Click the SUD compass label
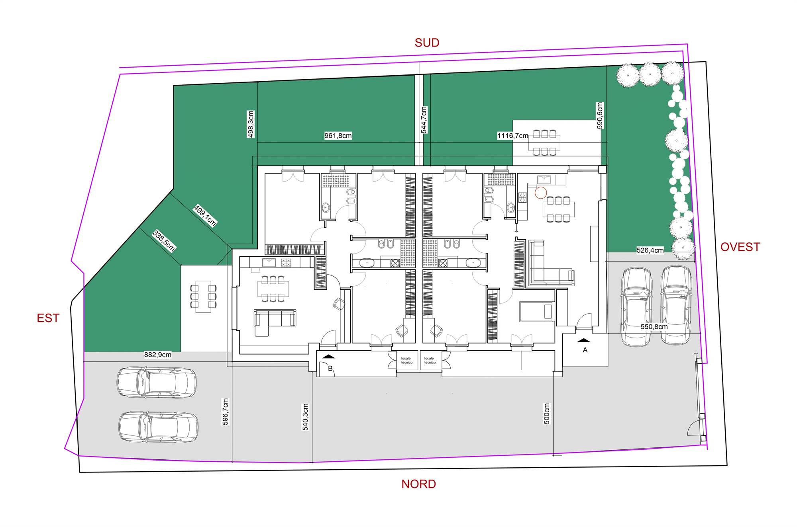pyautogui.click(x=427, y=43)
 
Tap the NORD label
pyautogui.click(x=418, y=484)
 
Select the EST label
pyautogui.click(x=48, y=318)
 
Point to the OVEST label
pyautogui.click(x=740, y=247)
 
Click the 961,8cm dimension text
pyautogui.click(x=338, y=136)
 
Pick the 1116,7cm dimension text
pyautogui.click(x=512, y=136)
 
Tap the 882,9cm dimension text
pyautogui.click(x=158, y=355)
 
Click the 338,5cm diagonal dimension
pyautogui.click(x=164, y=241)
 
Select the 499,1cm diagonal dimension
pyautogui.click(x=205, y=215)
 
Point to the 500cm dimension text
pyautogui.click(x=546, y=414)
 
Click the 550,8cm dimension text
pyautogui.click(x=654, y=327)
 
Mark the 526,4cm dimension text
pyautogui.click(x=650, y=250)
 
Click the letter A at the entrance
pyautogui.click(x=585, y=350)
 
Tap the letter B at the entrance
pyautogui.click(x=330, y=369)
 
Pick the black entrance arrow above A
pyautogui.click(x=583, y=340)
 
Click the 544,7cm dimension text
pyautogui.click(x=424, y=120)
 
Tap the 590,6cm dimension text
pyautogui.click(x=600, y=115)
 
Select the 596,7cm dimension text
pyautogui.click(x=225, y=412)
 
